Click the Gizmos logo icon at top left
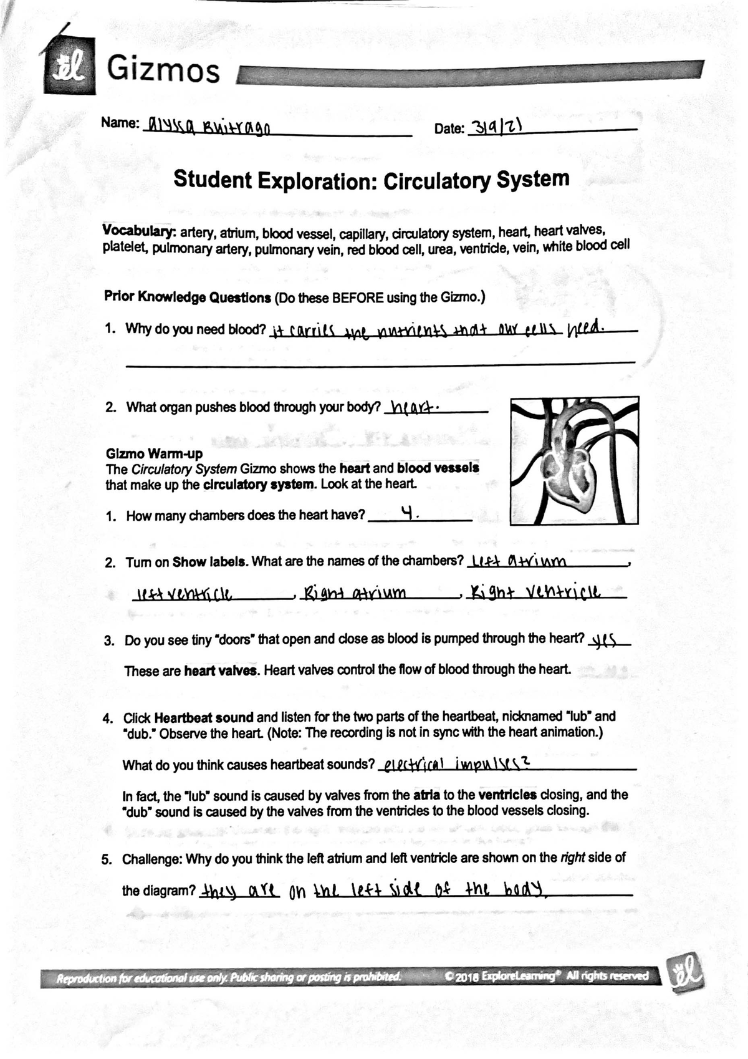point(69,65)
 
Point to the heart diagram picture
point(574,461)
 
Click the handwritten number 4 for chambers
point(408,513)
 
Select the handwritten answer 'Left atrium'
point(519,560)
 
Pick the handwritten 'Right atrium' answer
point(353,591)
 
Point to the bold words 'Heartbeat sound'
point(204,717)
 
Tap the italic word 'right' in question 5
point(572,858)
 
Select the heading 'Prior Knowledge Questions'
point(187,297)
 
